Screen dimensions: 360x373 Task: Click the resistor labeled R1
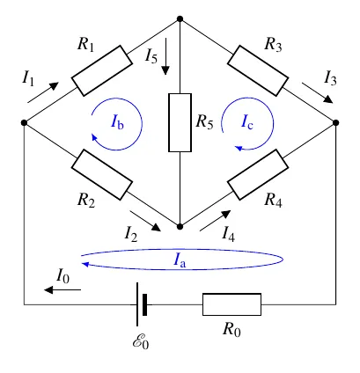coord(102,70)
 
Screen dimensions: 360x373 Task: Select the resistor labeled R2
coord(102,175)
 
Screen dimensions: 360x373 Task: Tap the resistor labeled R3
coord(258,70)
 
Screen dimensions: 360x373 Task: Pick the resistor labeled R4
coord(258,175)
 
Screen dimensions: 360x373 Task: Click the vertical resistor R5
coord(180,122)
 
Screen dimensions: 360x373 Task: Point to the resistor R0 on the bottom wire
coord(231,304)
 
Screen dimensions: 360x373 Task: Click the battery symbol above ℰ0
coord(142,304)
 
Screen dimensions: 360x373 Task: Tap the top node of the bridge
coord(180,19)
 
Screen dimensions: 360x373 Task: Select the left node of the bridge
coord(24,122)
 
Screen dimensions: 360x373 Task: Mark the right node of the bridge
coord(336,122)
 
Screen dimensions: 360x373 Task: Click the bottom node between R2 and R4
coord(180,226)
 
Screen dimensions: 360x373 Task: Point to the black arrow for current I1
coord(43,92)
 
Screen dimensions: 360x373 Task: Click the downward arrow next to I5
coord(165,56)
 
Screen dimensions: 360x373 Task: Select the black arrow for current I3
coord(318,93)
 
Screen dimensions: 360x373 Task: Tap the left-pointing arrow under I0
coord(62,289)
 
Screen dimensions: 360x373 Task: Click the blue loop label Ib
coord(117,121)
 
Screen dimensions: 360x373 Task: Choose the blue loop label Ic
coord(247,121)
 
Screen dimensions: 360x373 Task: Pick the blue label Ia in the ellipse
coord(180,260)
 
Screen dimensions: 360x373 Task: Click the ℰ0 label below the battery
coord(141,341)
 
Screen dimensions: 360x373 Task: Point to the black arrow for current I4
coord(215,221)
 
